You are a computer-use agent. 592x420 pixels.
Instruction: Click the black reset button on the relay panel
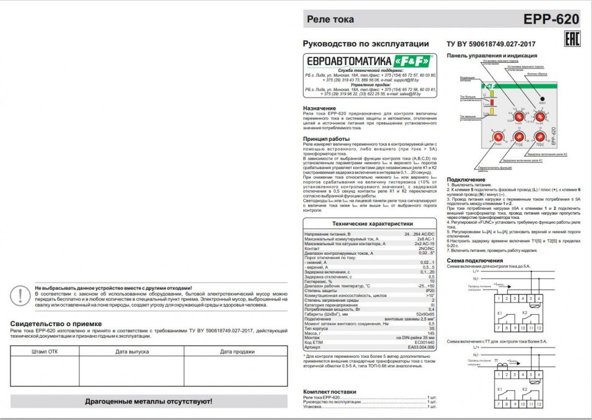click(542, 98)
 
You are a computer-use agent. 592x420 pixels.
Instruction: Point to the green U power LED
click(486, 94)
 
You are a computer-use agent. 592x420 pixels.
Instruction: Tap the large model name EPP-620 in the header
click(551, 20)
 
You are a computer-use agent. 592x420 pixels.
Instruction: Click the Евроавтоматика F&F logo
click(369, 62)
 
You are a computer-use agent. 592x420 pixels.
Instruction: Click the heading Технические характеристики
click(370, 224)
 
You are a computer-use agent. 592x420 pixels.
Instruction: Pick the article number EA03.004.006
click(421, 347)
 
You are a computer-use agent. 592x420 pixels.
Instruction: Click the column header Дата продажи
click(237, 352)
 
